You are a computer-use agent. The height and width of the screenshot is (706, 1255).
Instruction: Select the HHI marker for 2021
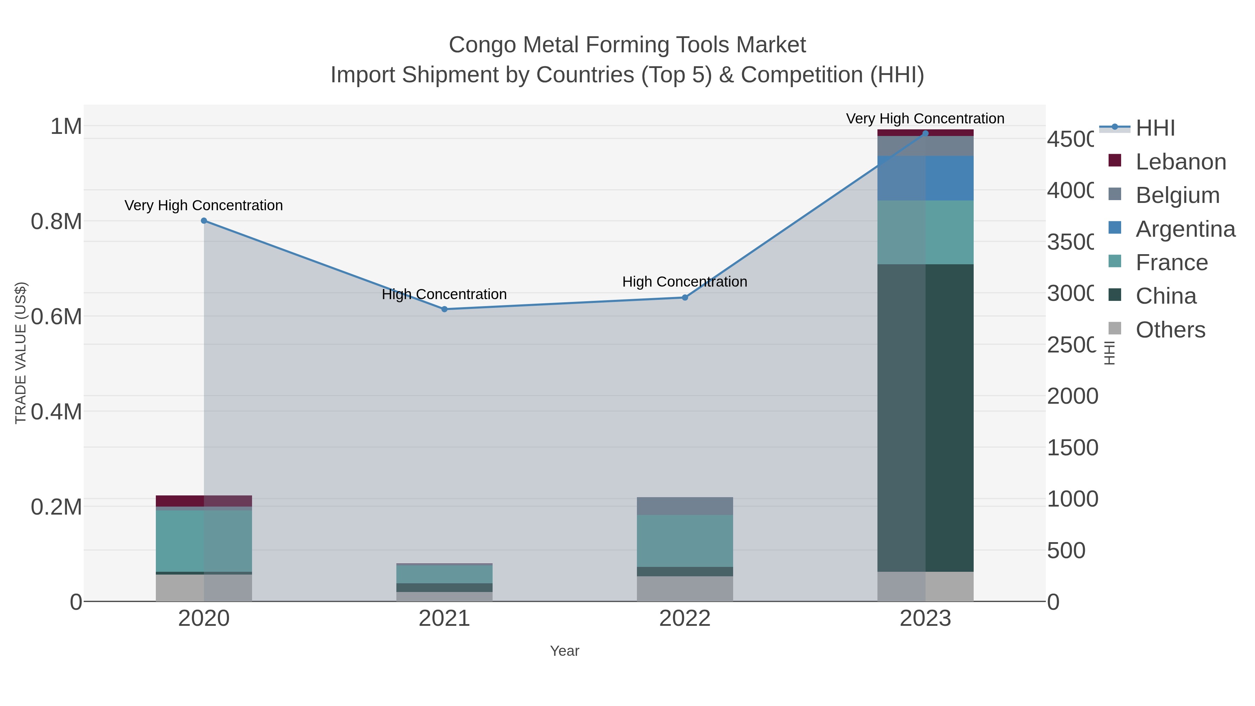pos(444,309)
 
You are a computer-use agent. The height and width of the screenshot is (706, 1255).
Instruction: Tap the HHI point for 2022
pos(685,297)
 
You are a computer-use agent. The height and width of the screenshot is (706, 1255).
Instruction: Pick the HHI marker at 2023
pos(926,133)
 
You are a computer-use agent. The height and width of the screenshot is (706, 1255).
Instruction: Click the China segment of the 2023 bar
pos(926,418)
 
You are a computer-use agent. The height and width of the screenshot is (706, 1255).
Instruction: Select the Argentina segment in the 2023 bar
pos(926,178)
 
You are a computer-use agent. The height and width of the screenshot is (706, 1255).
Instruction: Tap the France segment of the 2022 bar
pos(685,540)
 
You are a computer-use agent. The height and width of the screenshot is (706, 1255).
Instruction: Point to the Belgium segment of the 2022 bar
pos(685,506)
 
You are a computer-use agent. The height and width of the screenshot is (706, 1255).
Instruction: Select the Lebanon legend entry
pos(1180,161)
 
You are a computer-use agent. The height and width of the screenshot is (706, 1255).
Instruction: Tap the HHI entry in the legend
pos(1155,128)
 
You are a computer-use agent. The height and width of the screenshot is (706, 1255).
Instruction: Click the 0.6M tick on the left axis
pos(56,317)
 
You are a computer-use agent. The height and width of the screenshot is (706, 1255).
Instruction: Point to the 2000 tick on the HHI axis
pos(1072,396)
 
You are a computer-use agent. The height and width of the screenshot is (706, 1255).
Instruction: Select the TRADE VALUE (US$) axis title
pos(21,353)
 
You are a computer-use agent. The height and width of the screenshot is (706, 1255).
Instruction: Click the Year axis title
pos(564,651)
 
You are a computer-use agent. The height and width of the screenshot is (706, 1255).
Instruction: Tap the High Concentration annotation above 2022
pos(685,282)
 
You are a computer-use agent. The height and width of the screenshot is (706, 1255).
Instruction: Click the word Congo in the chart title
pos(482,45)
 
